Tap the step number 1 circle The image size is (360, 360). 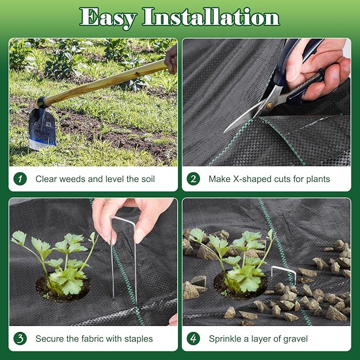(20, 179)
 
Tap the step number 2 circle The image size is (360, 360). (194, 179)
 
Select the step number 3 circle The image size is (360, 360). (20, 338)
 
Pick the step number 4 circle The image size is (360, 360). (194, 338)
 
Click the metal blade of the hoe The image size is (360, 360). (42, 127)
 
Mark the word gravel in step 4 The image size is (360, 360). (293, 338)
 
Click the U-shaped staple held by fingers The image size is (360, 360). (124, 249)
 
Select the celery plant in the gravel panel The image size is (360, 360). (239, 260)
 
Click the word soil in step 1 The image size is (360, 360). (146, 179)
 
